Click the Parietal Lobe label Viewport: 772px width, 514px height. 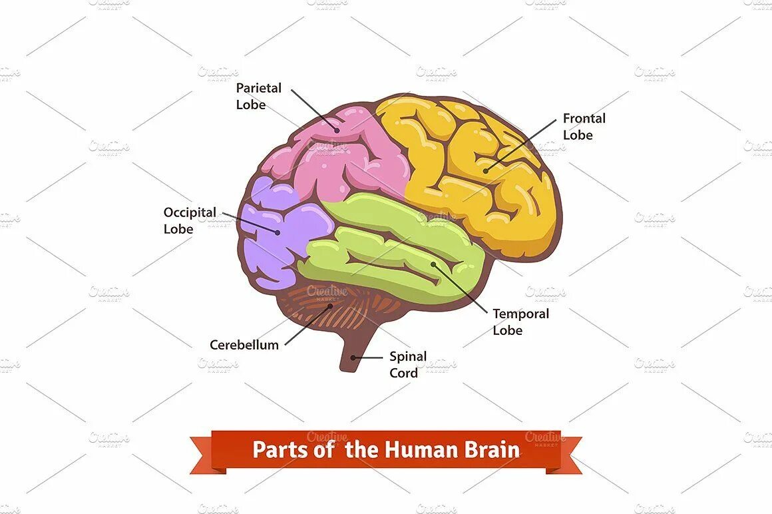(259, 96)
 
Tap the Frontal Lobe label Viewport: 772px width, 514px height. (584, 127)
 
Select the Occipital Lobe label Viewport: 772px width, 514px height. (190, 220)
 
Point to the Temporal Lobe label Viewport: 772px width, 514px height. (520, 322)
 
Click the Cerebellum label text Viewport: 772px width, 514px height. (244, 345)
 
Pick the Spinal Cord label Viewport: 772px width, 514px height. (408, 364)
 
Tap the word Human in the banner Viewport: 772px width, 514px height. (419, 449)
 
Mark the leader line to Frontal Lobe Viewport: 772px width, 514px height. (522, 143)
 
